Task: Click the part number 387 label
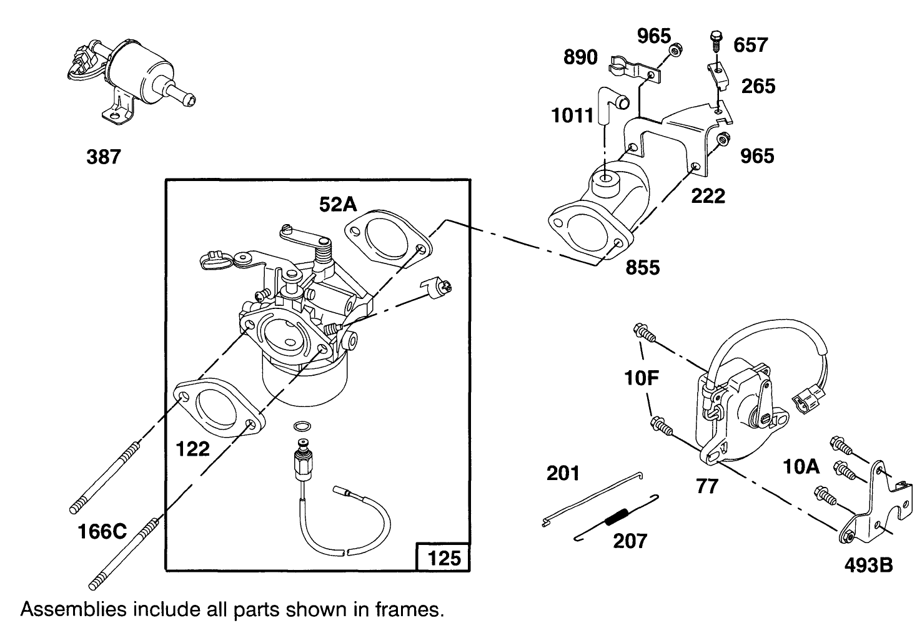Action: (103, 157)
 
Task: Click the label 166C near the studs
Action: (102, 532)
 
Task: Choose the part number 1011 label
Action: (572, 115)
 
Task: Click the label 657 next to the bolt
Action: (750, 45)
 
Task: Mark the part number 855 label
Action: (642, 267)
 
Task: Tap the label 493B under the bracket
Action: (868, 566)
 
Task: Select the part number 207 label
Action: (630, 541)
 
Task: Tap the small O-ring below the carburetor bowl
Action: (301, 426)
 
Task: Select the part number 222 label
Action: (708, 196)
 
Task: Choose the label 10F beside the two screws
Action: (642, 378)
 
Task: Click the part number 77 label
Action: (706, 486)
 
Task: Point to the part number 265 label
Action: (758, 86)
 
